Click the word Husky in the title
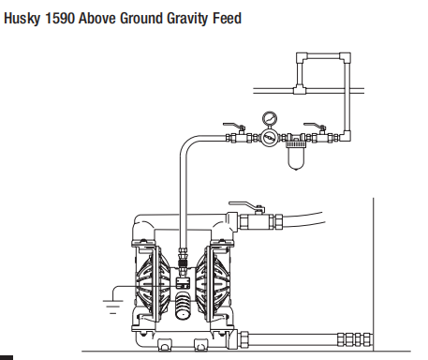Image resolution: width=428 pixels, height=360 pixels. [23, 18]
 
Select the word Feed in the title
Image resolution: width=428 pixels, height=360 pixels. [225, 18]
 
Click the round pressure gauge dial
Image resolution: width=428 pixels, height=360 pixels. [269, 119]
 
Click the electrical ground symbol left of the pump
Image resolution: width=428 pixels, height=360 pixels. [109, 301]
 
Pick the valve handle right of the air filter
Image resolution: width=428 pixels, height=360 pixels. [318, 126]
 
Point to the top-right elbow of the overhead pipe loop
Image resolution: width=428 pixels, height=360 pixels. [347, 57]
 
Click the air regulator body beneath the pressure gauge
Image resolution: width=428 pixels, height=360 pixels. [269, 137]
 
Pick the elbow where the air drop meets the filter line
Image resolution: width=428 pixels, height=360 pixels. [346, 136]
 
